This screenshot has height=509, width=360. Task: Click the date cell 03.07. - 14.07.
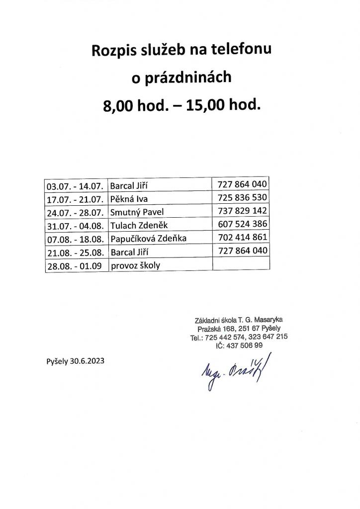pyautogui.click(x=75, y=187)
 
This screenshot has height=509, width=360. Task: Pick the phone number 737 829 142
pyautogui.click(x=243, y=211)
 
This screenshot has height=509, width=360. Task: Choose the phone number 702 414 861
pyautogui.click(x=243, y=237)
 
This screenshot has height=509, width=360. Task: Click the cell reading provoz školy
pyautogui.click(x=135, y=265)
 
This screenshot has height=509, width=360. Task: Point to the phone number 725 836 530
pyautogui.click(x=243, y=198)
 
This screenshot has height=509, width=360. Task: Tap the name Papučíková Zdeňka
pyautogui.click(x=148, y=239)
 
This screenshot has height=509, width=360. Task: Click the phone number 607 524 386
pyautogui.click(x=243, y=224)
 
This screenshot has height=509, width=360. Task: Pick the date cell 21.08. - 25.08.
pyautogui.click(x=75, y=252)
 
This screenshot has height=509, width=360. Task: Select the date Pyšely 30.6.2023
pyautogui.click(x=75, y=361)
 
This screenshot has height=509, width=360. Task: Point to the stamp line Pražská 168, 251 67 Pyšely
pyautogui.click(x=238, y=328)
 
